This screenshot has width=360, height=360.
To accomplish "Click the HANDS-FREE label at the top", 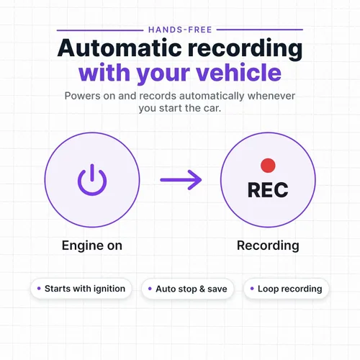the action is pyautogui.click(x=180, y=30).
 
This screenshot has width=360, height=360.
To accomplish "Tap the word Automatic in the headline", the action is pyautogui.click(x=120, y=48).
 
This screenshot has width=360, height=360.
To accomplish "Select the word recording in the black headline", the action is pyautogui.click(x=245, y=49).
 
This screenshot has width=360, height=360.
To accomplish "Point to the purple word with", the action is pyautogui.click(x=104, y=73).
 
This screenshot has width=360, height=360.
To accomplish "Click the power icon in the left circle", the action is pyautogui.click(x=92, y=180).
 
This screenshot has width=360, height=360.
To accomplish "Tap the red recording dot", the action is pyautogui.click(x=268, y=166).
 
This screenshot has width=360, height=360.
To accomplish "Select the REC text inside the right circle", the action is pyautogui.click(x=268, y=189).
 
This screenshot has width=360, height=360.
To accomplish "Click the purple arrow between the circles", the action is pyautogui.click(x=181, y=180).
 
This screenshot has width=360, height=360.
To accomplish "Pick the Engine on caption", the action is pyautogui.click(x=92, y=246).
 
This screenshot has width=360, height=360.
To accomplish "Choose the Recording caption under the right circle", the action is pyautogui.click(x=268, y=246).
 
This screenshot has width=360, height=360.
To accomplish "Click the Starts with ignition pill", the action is pyautogui.click(x=81, y=289).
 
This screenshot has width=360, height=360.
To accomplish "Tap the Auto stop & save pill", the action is pyautogui.click(x=187, y=289).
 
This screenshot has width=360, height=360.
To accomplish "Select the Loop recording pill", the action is pyautogui.click(x=286, y=289).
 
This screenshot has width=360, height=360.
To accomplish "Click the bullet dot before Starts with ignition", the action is pyautogui.click(x=39, y=288).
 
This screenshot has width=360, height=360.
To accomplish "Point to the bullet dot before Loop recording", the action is pyautogui.click(x=252, y=288).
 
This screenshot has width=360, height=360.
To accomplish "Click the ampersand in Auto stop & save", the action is pyautogui.click(x=202, y=289).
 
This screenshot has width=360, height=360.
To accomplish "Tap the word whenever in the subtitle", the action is pyautogui.click(x=271, y=96).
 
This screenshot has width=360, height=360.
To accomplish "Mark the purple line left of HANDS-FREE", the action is pyautogui.click(x=100, y=30).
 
